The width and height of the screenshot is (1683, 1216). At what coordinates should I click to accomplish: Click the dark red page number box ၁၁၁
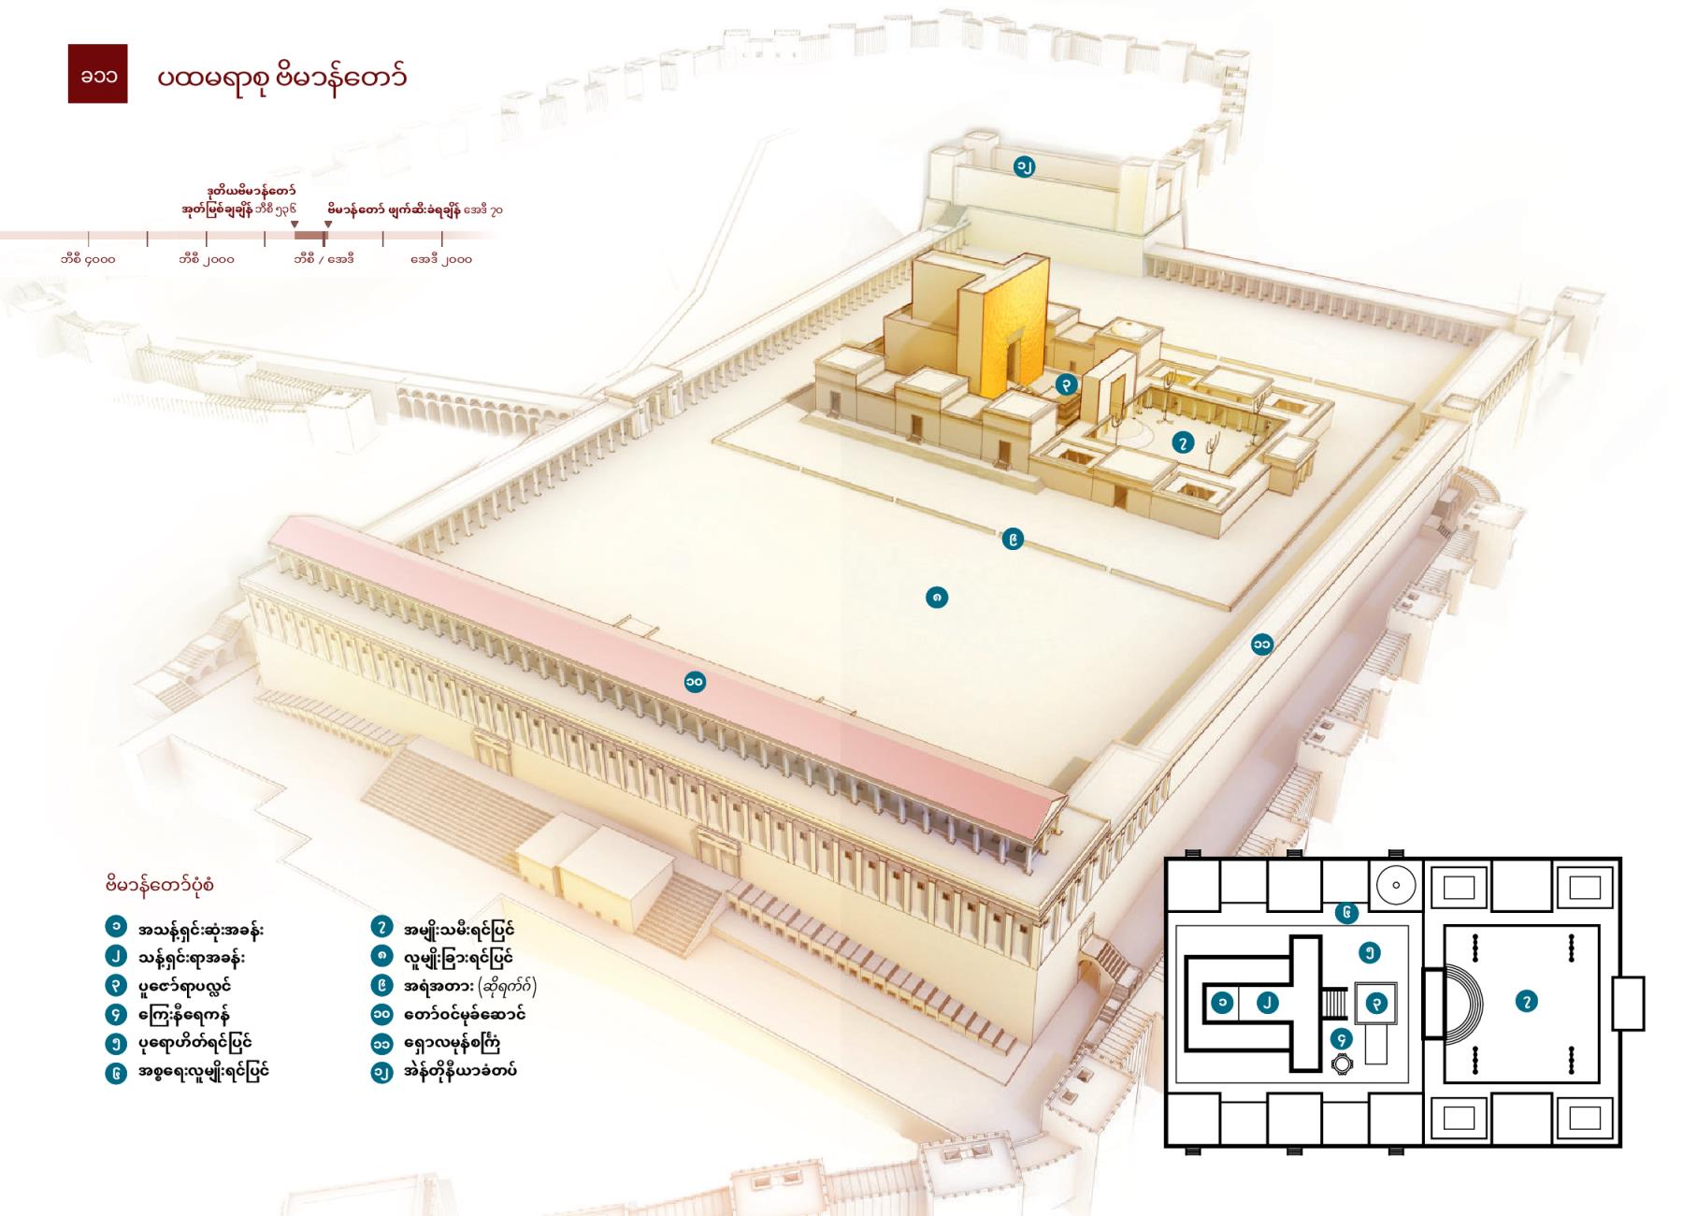tap(97, 73)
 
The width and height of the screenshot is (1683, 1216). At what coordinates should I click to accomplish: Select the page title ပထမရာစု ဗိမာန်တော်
tap(281, 76)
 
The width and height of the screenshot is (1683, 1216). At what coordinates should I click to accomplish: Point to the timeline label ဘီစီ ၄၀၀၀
tap(88, 259)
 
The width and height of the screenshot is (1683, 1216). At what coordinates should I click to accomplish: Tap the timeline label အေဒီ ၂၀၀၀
tap(441, 259)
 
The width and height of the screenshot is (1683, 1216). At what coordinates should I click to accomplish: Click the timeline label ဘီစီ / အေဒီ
tap(324, 259)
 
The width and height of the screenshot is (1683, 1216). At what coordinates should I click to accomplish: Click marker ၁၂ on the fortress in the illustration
tap(1025, 167)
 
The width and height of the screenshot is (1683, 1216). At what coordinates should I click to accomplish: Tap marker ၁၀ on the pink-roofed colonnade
tap(694, 682)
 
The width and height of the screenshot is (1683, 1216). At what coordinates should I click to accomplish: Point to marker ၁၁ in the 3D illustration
tap(1262, 644)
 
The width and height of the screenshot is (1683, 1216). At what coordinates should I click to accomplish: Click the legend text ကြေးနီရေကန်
tap(183, 1014)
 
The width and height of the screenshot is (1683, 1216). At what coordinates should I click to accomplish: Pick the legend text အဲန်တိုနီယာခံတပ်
tap(460, 1071)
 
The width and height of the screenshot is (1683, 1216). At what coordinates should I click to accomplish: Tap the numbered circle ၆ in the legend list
tap(116, 1072)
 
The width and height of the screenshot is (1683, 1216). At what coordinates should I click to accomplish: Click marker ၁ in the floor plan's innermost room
tap(1222, 1002)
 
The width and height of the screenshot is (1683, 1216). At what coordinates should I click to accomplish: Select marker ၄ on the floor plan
tap(1343, 1038)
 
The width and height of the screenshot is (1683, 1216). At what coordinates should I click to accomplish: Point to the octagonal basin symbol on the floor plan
tap(1343, 1064)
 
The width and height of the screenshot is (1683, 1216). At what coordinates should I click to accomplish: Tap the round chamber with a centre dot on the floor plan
tap(1396, 885)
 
